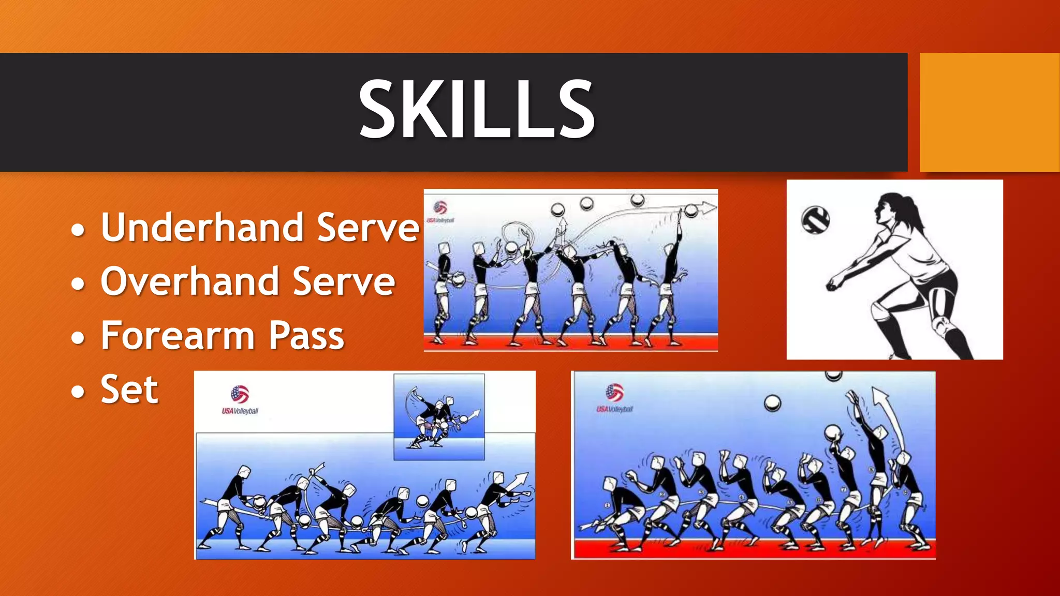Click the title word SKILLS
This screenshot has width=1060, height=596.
(x=477, y=110)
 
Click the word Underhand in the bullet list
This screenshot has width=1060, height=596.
(x=202, y=228)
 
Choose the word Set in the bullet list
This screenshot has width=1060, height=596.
(x=129, y=390)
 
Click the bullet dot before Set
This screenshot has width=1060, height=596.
(x=78, y=392)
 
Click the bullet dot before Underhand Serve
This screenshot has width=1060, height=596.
(x=78, y=230)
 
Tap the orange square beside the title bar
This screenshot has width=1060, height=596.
(x=989, y=112)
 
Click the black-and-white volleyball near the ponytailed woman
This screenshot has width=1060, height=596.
(x=815, y=220)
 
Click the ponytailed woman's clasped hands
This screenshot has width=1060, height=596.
(x=833, y=282)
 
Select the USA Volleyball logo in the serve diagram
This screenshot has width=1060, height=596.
(x=440, y=212)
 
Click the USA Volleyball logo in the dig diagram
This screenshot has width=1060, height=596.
(x=240, y=399)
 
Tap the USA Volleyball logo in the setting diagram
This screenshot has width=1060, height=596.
(x=615, y=398)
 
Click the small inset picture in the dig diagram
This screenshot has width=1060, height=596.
(x=439, y=416)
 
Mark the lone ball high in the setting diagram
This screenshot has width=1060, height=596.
(x=772, y=403)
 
